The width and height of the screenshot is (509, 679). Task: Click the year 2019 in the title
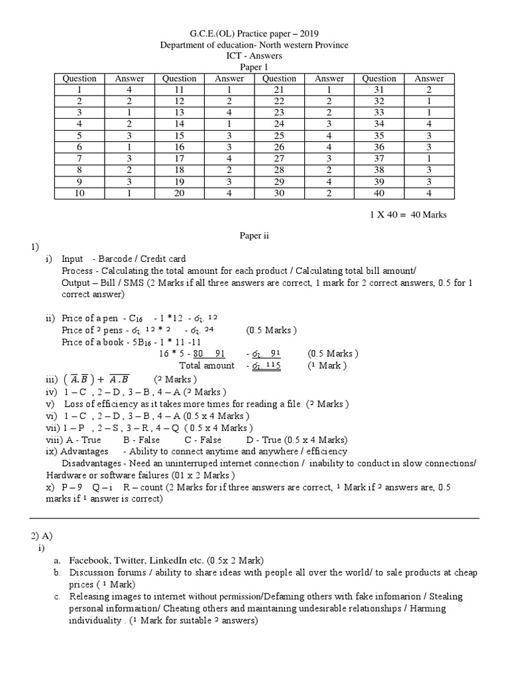coord(314,33)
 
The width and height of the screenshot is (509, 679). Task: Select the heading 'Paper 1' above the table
coord(254,67)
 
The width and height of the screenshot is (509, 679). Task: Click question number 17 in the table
coord(180,157)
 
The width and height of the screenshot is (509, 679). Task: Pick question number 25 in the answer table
coord(279,135)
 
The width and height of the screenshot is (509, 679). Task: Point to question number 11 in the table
coord(180,90)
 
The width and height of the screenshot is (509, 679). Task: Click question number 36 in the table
coord(379,146)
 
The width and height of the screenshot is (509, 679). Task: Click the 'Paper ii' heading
coord(254,235)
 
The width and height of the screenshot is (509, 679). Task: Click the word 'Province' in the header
coord(329,44)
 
